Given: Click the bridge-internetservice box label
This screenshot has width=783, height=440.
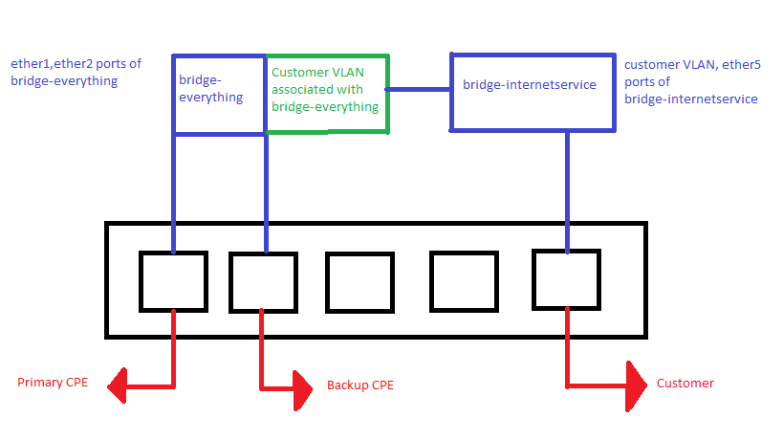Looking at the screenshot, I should click(529, 85).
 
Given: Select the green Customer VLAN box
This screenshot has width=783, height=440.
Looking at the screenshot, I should click(327, 94).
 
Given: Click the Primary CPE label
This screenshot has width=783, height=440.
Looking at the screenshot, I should click(54, 384).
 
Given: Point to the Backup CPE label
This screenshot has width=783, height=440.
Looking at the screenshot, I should click(360, 385).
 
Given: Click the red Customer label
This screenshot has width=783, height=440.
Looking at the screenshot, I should click(685, 384).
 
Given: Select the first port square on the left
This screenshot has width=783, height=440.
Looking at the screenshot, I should click(173, 281).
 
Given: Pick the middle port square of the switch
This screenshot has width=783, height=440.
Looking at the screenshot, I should click(359, 283).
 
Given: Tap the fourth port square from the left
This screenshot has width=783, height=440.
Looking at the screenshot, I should click(464, 282).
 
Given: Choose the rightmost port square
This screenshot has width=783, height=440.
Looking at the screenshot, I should click(566, 280).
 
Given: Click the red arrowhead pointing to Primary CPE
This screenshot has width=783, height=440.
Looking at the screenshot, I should click(120, 386).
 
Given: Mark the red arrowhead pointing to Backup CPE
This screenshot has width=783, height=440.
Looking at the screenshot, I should click(299, 387).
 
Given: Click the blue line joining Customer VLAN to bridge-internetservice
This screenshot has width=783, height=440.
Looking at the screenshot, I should click(419, 90).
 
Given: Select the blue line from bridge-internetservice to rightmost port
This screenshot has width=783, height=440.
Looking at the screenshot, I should click(568, 189).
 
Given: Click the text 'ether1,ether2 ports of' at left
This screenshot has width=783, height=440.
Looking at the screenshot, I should click(76, 64).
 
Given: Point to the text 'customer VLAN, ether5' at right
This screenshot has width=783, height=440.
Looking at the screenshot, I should click(692, 65).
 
